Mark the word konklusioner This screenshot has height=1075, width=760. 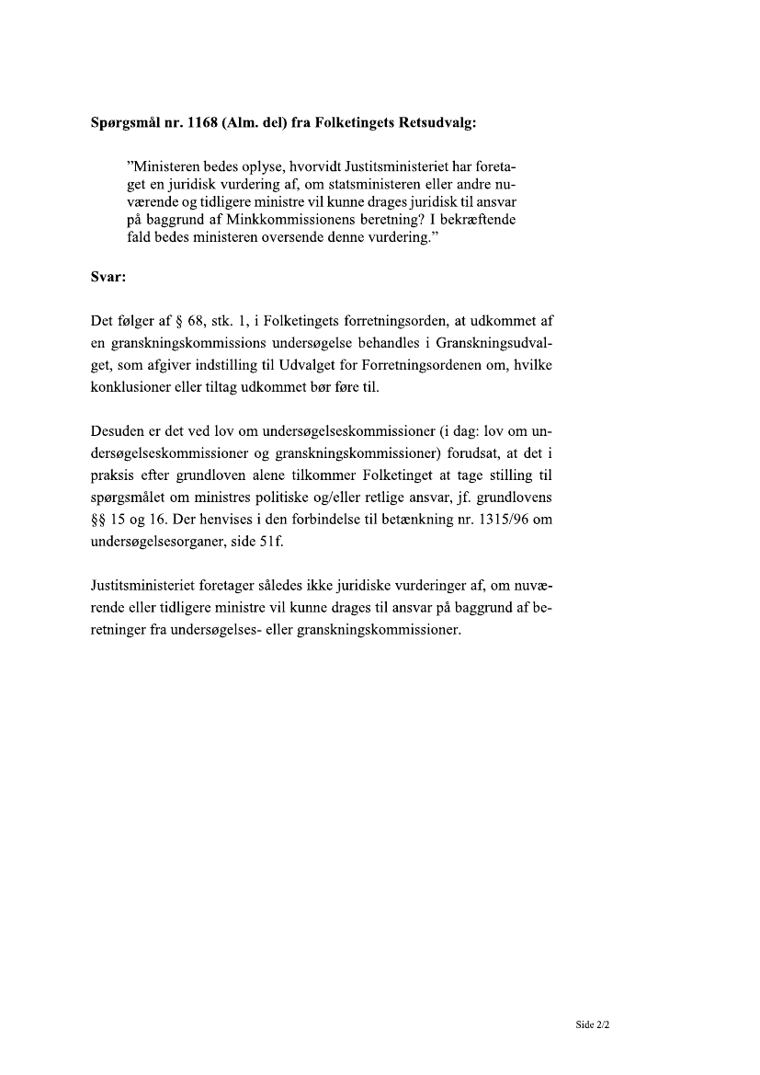pyautogui.click(x=127, y=386)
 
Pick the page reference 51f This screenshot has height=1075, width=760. pyautogui.click(x=273, y=542)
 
